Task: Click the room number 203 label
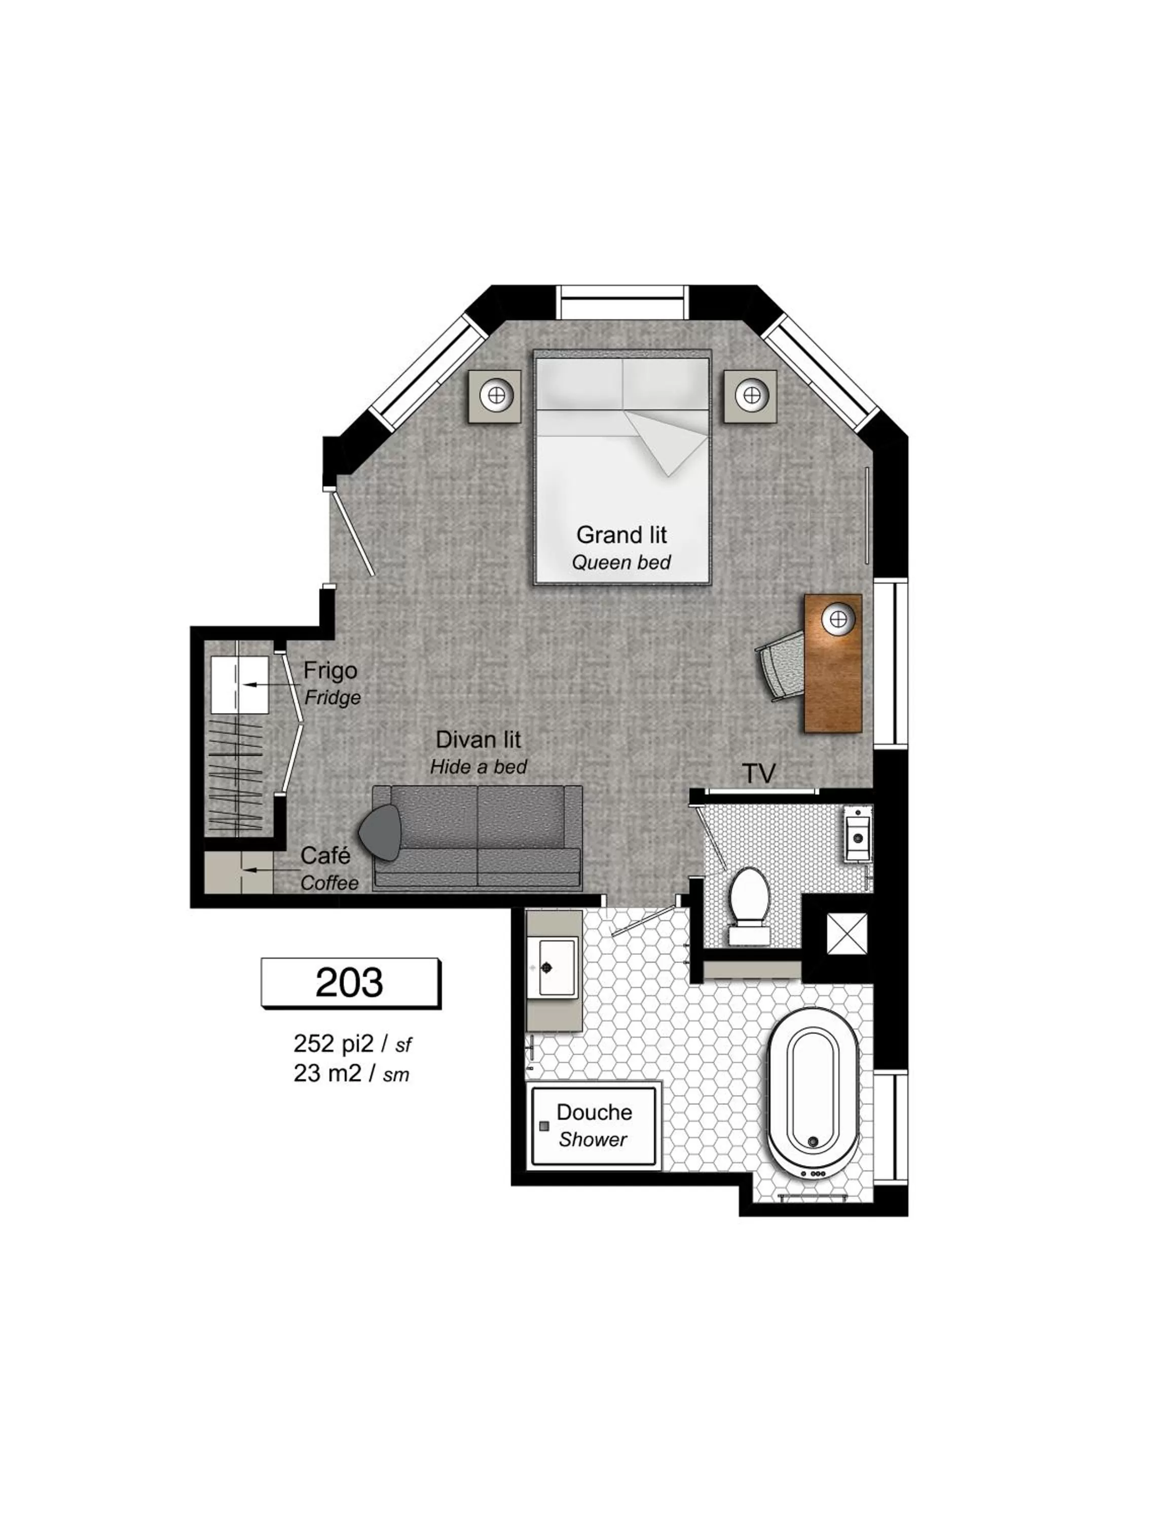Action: point(349,982)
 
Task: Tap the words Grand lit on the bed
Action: point(621,535)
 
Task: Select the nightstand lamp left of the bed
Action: point(496,395)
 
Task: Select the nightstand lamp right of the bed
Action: point(750,395)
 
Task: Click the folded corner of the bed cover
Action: point(667,442)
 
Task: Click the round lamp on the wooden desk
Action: point(837,618)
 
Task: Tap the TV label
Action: point(759,773)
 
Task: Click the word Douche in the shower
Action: point(594,1112)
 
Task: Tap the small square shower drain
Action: point(544,1125)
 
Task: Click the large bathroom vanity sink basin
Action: point(557,967)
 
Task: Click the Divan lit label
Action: point(478,739)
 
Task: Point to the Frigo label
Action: point(330,670)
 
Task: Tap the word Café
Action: point(325,855)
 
